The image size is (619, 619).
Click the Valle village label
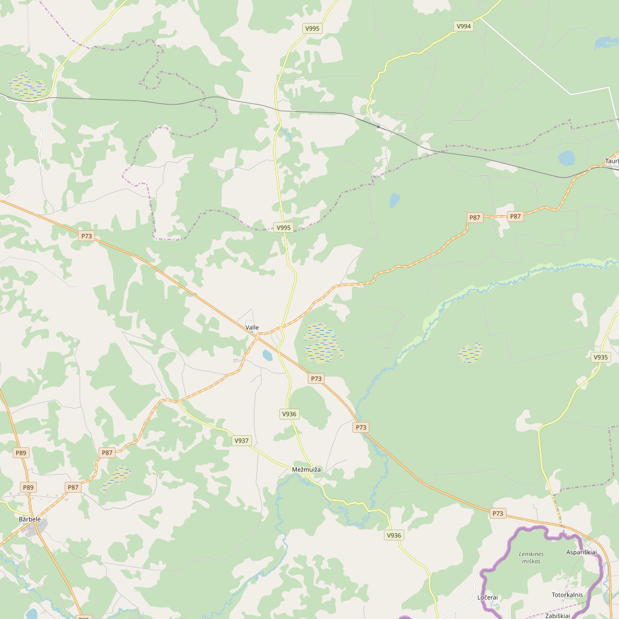point(252,328)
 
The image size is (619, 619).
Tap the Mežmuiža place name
point(306,470)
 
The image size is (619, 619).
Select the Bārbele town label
point(30,519)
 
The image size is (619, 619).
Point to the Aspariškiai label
point(581,553)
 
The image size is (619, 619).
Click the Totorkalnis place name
point(567,595)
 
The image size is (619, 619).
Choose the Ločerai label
point(487,597)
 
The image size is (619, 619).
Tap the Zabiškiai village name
point(557,615)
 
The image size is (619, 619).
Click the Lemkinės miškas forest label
point(531,557)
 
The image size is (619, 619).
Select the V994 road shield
point(464,26)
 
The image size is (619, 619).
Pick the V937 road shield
point(241,441)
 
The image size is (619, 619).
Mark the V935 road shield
point(600,357)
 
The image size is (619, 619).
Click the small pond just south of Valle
point(267,355)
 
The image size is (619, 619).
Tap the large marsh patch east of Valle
point(322,343)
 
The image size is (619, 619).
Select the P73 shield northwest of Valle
point(86,236)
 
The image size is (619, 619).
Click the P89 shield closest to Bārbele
point(28,487)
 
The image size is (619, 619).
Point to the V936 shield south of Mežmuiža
point(394,535)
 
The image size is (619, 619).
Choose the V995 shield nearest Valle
point(283,227)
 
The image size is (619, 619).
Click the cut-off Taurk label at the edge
point(612,161)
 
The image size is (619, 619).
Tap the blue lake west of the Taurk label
point(566,158)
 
